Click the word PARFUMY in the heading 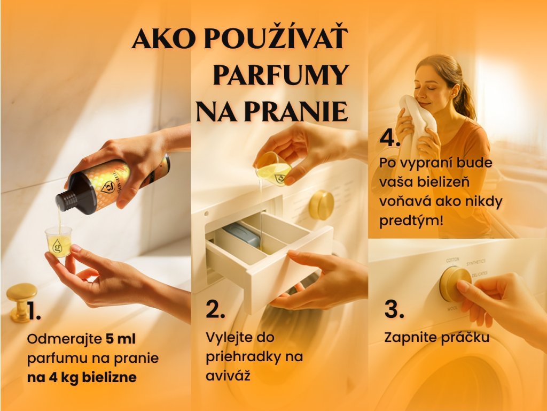point(281,74)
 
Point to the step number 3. point(394,309)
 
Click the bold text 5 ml point(120,339)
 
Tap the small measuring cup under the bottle point(58,241)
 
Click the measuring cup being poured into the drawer point(274,169)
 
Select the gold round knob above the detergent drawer point(321,205)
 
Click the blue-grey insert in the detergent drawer point(242,234)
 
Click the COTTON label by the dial point(452,260)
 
